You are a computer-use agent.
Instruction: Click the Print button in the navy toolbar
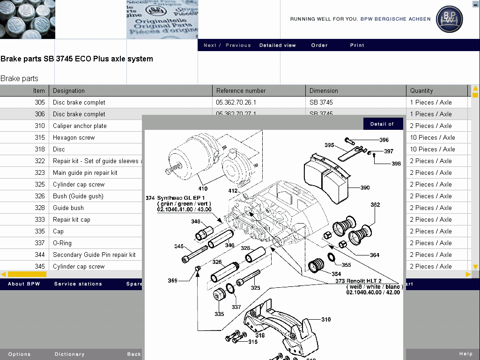click(357, 45)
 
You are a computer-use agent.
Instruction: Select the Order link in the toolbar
click(319, 45)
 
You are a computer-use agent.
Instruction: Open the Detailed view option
click(278, 45)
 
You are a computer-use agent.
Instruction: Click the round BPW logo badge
click(449, 19)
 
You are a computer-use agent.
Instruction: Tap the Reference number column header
click(241, 90)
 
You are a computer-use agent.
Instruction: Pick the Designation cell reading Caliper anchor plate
click(80, 126)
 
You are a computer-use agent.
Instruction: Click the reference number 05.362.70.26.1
click(236, 102)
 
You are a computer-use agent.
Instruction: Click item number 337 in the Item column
click(40, 243)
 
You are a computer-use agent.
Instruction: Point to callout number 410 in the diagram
click(203, 189)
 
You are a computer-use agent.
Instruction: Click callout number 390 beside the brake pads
click(365, 187)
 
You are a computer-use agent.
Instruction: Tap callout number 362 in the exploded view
click(375, 205)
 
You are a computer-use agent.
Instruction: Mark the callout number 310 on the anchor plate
click(326, 320)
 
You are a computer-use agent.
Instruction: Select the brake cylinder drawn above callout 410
click(187, 157)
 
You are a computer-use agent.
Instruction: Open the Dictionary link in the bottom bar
click(69, 354)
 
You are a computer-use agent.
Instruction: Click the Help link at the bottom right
click(465, 354)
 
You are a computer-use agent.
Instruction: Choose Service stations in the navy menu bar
click(78, 284)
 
